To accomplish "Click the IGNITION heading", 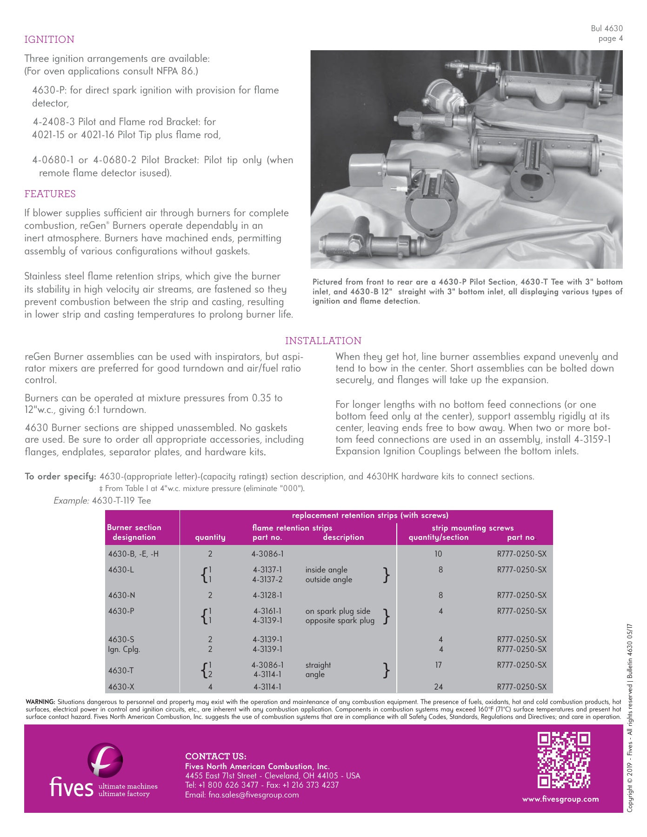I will (x=49, y=40).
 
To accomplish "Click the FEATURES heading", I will (x=50, y=194).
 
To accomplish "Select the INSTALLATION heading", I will (x=323, y=341).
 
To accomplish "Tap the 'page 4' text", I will (x=610, y=39).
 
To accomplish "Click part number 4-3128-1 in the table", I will (x=267, y=595).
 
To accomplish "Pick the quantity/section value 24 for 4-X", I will (x=438, y=687).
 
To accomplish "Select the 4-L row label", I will (x=121, y=570).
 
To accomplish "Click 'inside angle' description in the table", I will (x=326, y=570).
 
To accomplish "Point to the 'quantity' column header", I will (x=210, y=537).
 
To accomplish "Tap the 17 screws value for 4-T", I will (x=438, y=665).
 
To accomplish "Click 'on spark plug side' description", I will (x=338, y=611).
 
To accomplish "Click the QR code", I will (x=564, y=760).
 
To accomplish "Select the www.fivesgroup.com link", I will (x=560, y=799).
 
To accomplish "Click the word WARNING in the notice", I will (x=40, y=702).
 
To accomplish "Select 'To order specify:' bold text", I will (x=60, y=477).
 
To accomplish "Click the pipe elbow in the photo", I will (x=427, y=245).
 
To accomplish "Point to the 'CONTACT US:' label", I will (x=216, y=757).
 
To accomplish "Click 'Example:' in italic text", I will (x=71, y=501).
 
